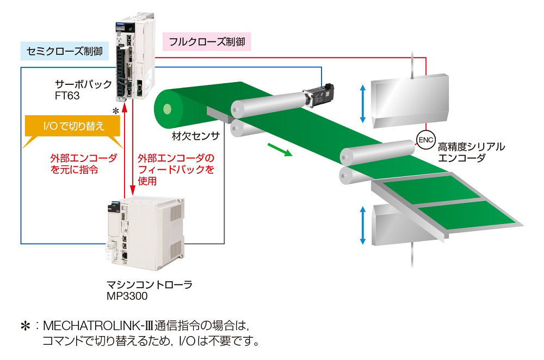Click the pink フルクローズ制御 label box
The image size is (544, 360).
pyautogui.click(x=207, y=41)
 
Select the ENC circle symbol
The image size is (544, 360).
pyautogui.click(x=424, y=140)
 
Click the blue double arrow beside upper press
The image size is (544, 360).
pyautogui.click(x=363, y=103)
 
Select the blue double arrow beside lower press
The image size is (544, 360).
pyautogui.click(x=363, y=225)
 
